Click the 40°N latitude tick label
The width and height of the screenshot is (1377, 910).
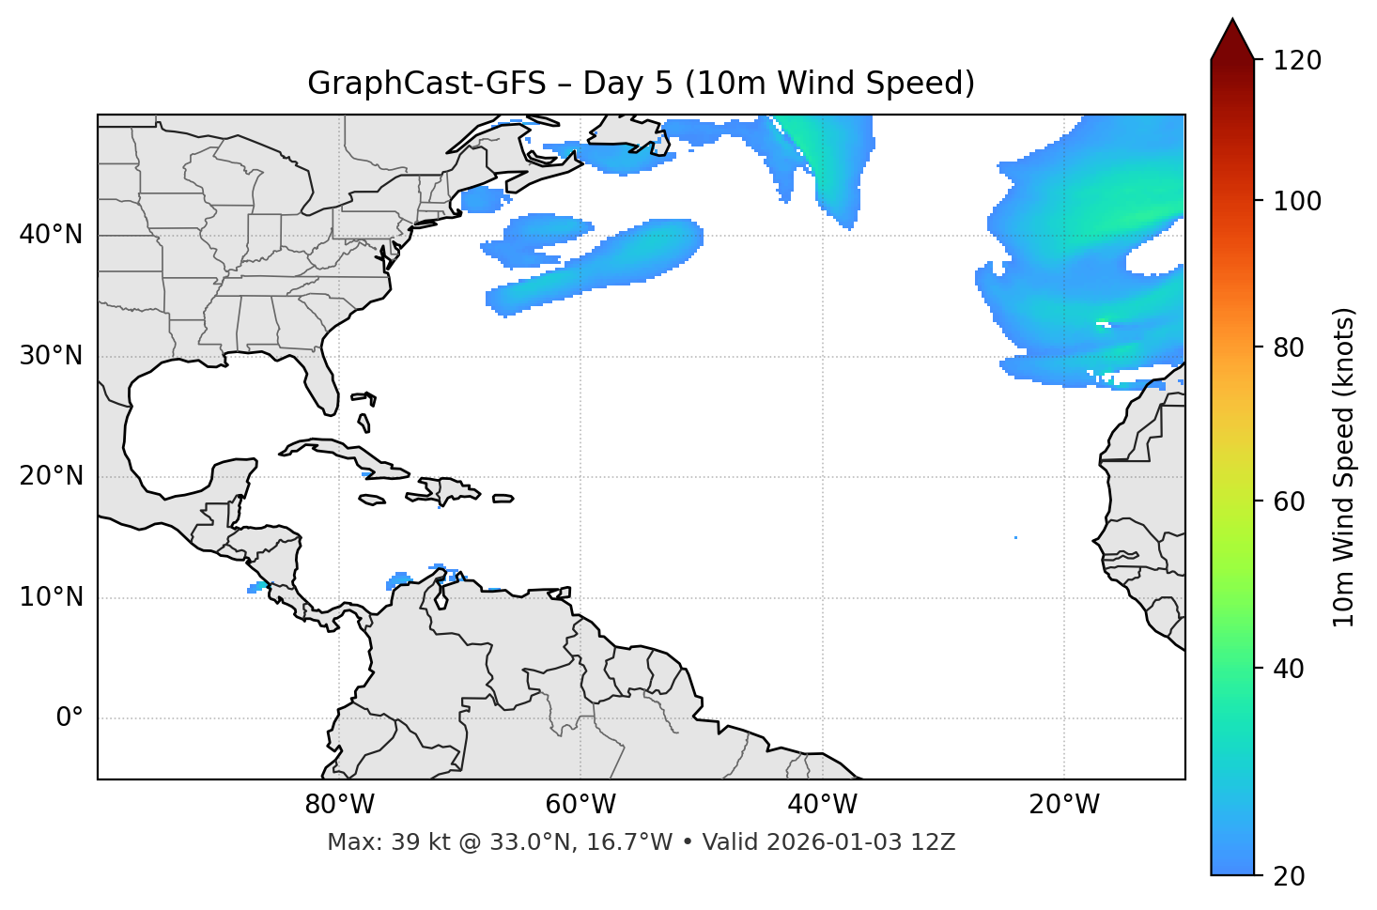point(51,235)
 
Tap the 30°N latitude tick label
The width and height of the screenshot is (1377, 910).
point(51,356)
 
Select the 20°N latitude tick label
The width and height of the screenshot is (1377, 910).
point(51,476)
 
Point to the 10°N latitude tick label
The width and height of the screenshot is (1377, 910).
point(51,597)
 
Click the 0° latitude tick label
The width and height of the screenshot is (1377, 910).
point(69,718)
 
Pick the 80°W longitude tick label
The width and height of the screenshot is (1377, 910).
point(339,805)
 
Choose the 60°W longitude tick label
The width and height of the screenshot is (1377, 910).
point(580,805)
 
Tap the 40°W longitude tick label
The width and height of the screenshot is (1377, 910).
point(822,805)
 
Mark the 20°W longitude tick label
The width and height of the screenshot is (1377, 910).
point(1064,805)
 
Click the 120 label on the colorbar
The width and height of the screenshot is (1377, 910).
point(1297,61)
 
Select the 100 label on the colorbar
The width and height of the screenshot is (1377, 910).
point(1297,201)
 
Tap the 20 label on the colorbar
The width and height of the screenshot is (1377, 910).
point(1290,876)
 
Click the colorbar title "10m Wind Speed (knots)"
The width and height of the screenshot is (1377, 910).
point(1344,467)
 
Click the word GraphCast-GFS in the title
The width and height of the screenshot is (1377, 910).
point(426,84)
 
